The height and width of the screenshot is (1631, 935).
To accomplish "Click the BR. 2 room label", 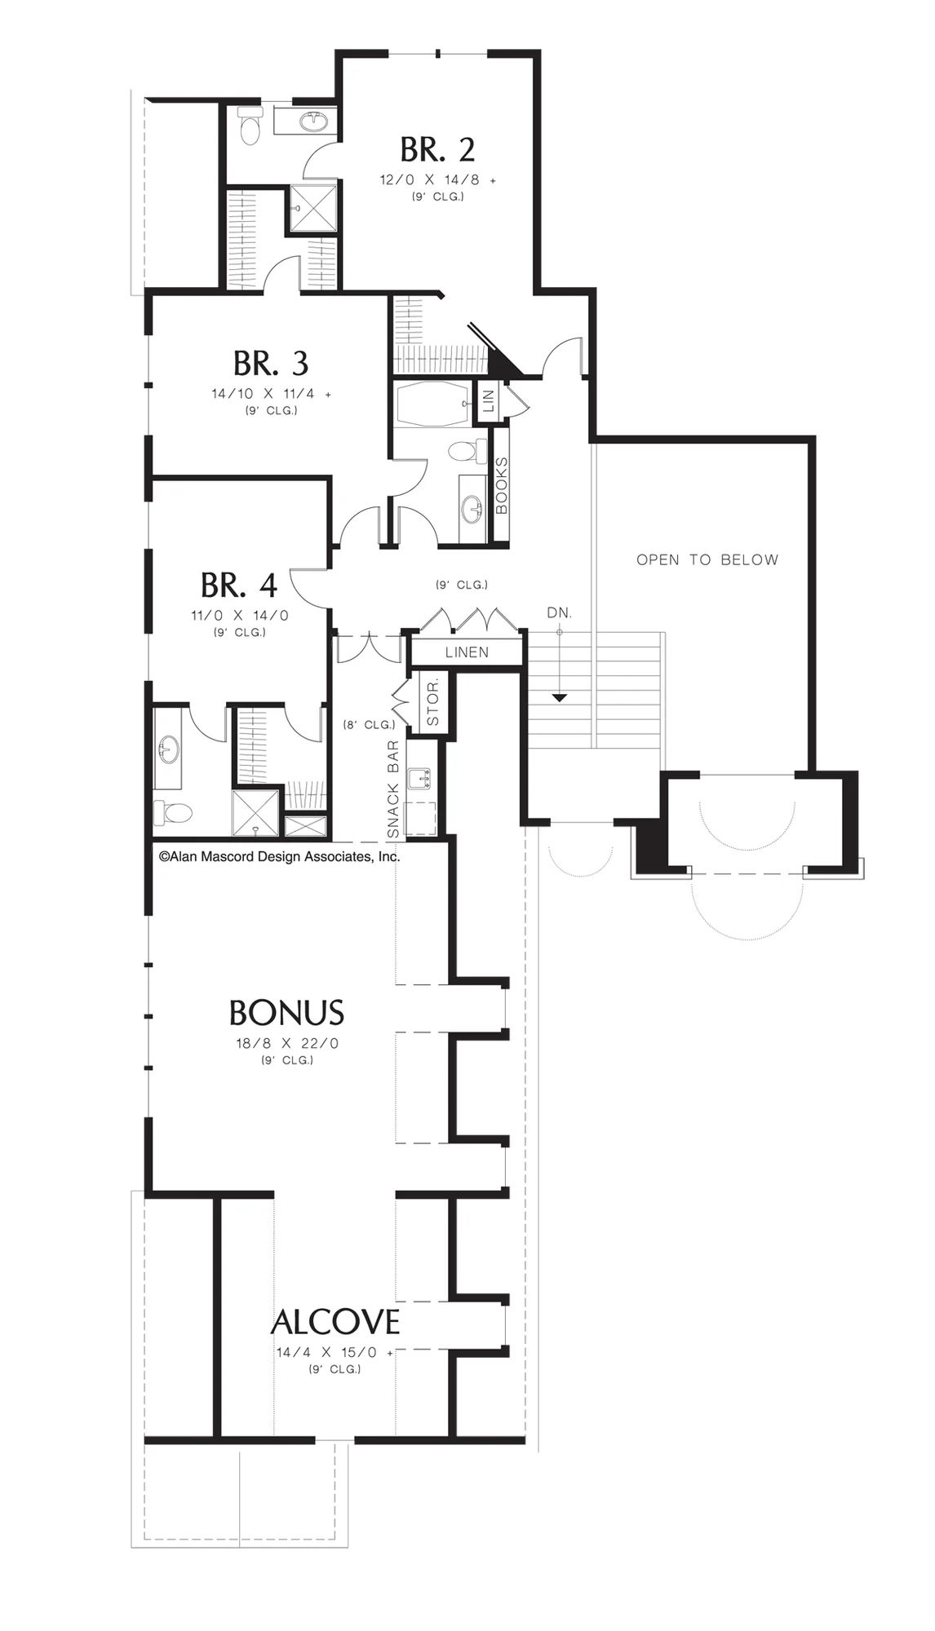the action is click(437, 150).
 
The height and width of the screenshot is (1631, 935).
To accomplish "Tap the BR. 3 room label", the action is click(271, 364).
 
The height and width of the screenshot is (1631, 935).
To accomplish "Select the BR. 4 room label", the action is click(239, 586).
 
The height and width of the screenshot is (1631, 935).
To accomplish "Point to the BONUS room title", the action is click(286, 1013).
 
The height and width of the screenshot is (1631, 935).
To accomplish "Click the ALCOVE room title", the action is click(335, 1322).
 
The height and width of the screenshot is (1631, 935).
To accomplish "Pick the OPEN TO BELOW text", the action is click(707, 559).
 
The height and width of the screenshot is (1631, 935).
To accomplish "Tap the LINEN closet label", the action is click(467, 652).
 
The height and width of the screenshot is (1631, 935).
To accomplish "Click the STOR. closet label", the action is click(432, 699).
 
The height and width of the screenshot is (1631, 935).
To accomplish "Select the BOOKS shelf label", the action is click(501, 485).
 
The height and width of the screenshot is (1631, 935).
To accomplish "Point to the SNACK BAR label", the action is click(393, 789).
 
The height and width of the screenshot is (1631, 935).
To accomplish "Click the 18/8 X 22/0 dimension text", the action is click(287, 1043).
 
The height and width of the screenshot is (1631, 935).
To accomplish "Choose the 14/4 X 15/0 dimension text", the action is click(327, 1352).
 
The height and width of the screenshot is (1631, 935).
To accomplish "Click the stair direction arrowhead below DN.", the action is click(559, 697).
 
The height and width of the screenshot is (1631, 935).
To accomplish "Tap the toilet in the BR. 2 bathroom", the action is click(250, 125).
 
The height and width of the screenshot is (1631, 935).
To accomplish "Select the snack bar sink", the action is click(419, 778).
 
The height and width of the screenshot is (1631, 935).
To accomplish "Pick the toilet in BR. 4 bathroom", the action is click(172, 812).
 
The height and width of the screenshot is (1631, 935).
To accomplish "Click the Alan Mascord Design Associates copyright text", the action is click(279, 856).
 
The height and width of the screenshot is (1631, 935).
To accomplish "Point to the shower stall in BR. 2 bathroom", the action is click(314, 208).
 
